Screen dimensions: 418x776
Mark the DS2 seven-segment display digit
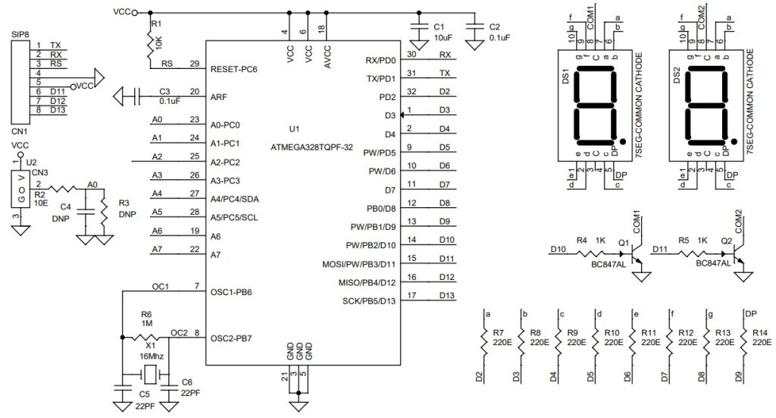point(707,106)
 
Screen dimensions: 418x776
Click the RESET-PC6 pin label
point(234,68)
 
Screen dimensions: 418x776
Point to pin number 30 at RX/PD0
point(411,55)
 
